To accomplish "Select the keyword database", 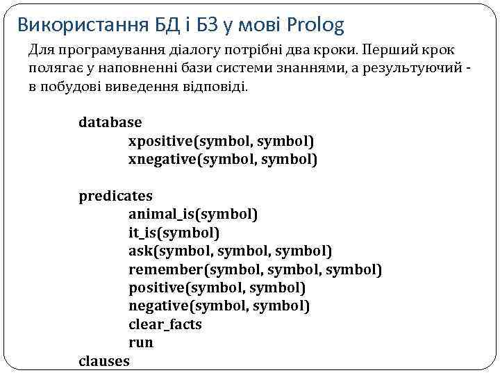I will point(110,122).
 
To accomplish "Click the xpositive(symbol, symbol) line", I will point(221,141).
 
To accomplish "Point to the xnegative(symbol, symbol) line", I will point(222,160).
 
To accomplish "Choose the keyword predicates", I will point(115,196).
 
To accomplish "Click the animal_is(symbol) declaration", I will point(193,214).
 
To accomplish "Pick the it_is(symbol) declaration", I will point(174,232).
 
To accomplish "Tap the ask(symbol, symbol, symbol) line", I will point(230,250).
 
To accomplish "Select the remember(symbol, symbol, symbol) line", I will point(255,269).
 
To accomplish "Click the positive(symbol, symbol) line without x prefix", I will point(217,287).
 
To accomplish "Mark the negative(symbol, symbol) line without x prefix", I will point(219,306).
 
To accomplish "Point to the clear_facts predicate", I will point(165,324).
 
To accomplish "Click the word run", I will point(141,342).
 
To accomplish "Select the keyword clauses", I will point(104,360).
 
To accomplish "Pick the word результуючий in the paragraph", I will point(408,70).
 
